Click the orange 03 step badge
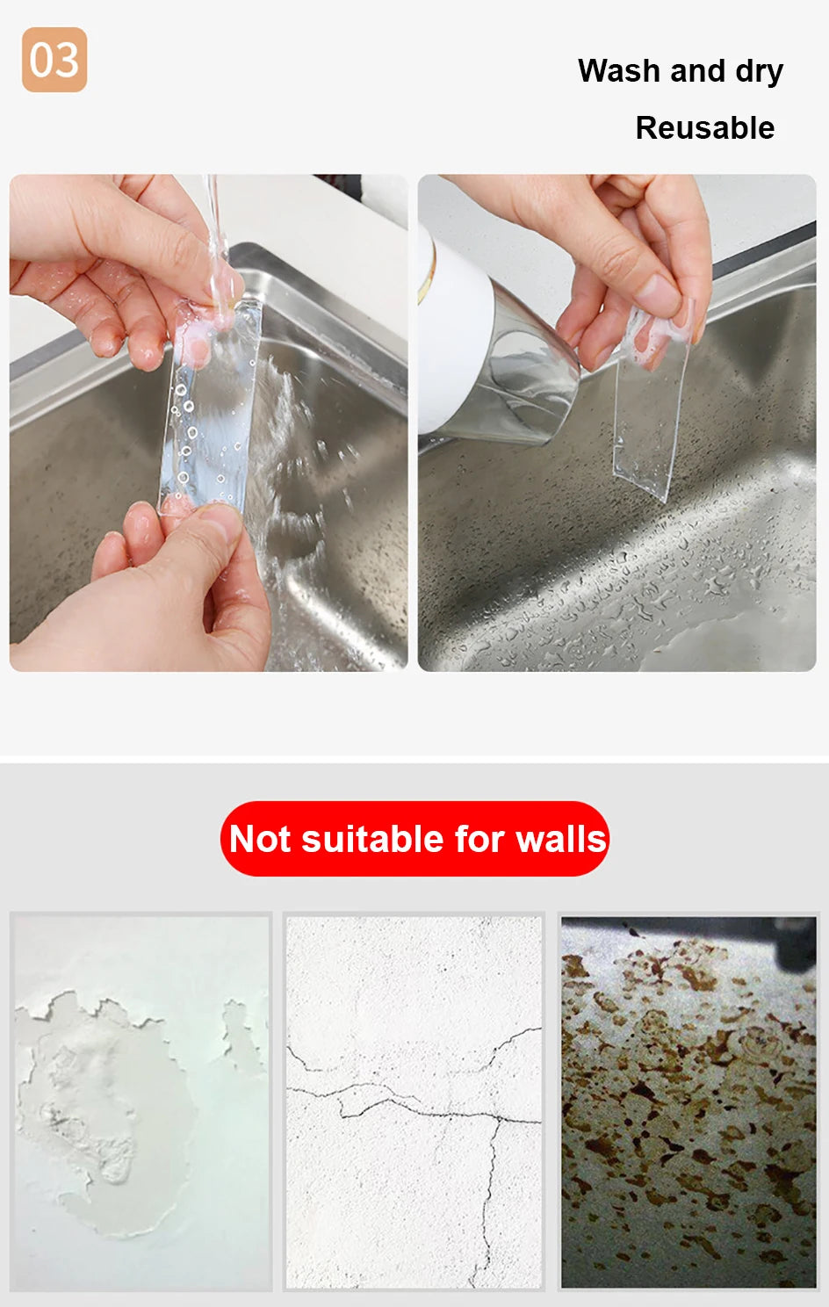pos(54,60)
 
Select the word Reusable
pos(704,128)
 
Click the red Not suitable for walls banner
pos(414,838)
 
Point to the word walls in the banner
pos(561,839)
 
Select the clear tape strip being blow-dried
pos(651,413)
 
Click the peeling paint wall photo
pos(141,1101)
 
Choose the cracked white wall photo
pos(414,1101)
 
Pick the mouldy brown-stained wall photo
pos(688,1101)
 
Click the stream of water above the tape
pos(212,220)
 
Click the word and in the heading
pos(696,71)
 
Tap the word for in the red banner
pos(481,839)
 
